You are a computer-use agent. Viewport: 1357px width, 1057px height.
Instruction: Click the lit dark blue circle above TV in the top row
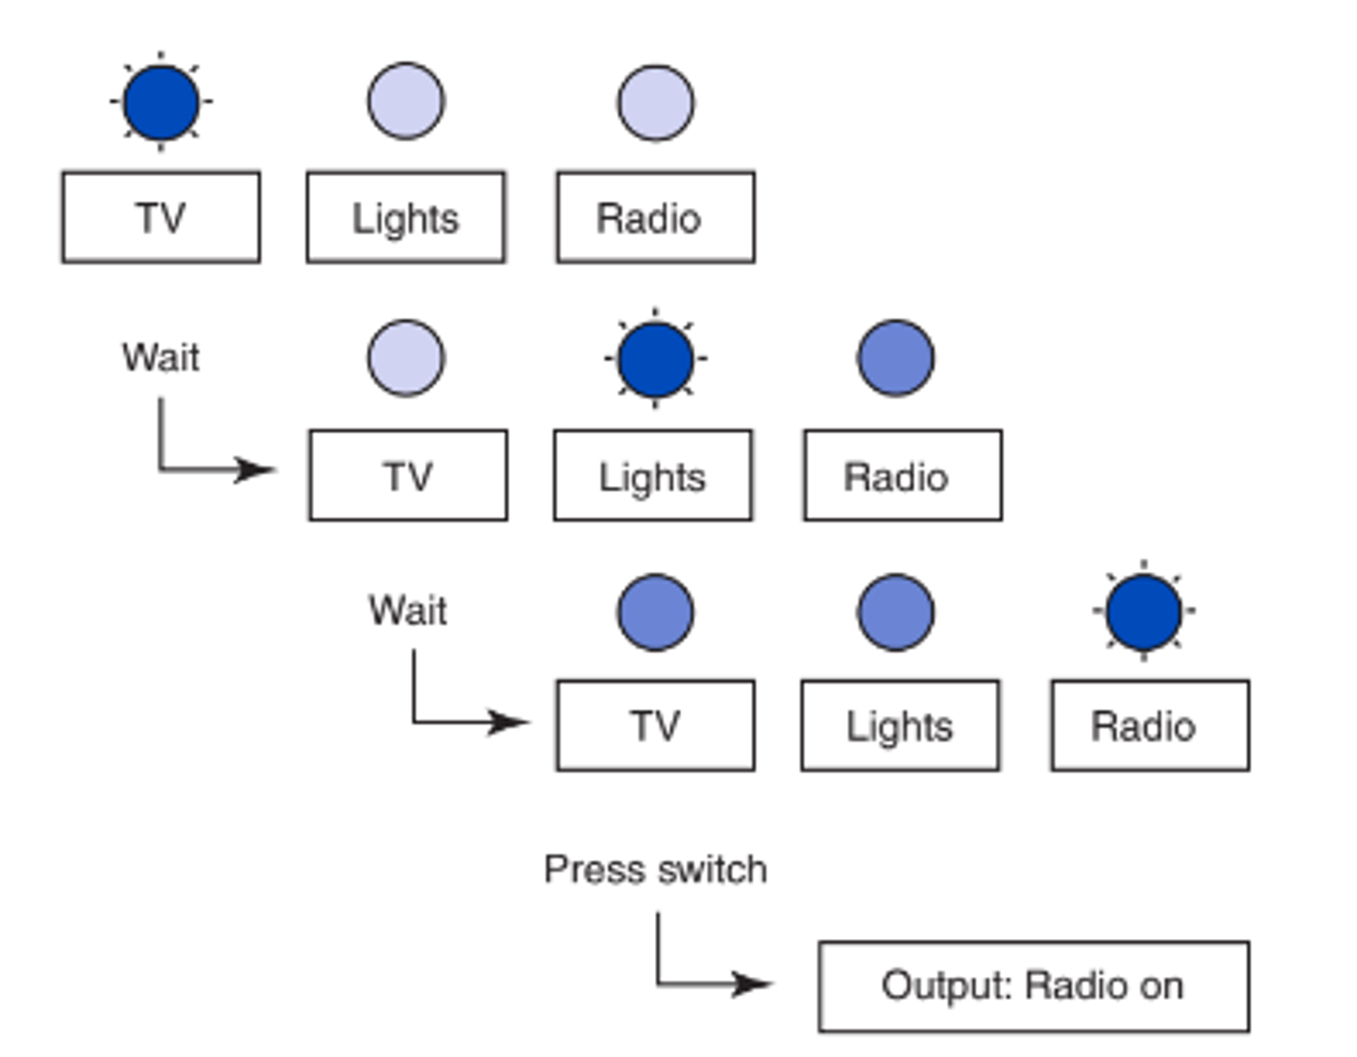(x=161, y=102)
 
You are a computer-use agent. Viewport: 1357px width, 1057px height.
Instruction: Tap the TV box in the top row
(x=161, y=218)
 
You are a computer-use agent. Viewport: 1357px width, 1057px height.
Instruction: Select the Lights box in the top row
(x=406, y=218)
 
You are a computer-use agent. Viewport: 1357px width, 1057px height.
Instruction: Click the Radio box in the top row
(x=656, y=218)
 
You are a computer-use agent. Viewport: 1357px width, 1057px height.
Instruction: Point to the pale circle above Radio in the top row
(x=656, y=102)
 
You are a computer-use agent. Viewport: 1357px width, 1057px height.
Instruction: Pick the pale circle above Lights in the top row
(x=406, y=102)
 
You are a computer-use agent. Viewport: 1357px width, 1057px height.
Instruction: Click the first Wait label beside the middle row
(x=161, y=358)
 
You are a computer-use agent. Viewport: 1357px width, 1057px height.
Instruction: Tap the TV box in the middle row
(x=408, y=476)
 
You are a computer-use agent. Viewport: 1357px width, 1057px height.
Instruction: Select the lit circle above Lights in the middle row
(x=656, y=359)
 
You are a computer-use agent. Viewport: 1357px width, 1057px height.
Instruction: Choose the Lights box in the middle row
(x=653, y=476)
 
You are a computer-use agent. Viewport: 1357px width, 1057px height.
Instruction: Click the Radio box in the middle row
(x=903, y=476)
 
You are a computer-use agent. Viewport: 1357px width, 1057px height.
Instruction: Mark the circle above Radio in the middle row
(x=896, y=359)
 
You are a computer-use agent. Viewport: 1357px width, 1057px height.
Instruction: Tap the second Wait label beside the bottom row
(x=407, y=610)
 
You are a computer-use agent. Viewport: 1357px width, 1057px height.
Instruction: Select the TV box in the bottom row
(x=656, y=725)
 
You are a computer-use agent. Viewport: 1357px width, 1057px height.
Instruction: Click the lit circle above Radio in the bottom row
(x=1144, y=611)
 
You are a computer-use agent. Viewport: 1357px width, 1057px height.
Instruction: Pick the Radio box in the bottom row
(x=1151, y=725)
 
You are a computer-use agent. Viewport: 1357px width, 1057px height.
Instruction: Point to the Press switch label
(x=656, y=870)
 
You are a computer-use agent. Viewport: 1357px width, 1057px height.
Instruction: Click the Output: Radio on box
(x=1034, y=986)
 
